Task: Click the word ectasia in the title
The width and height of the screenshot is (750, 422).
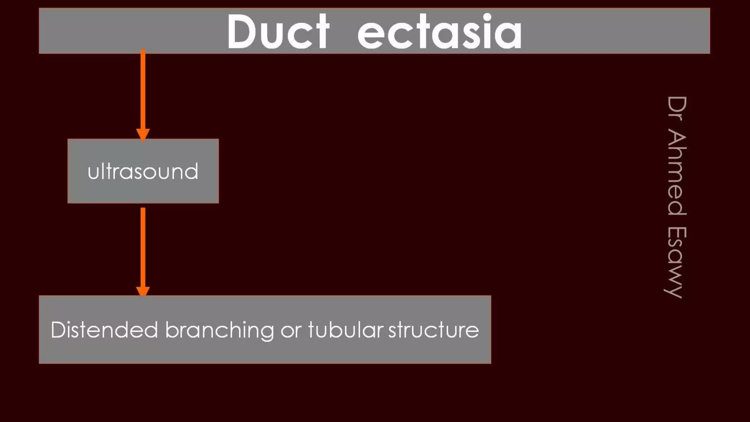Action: [439, 32]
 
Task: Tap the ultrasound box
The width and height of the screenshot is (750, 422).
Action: [143, 171]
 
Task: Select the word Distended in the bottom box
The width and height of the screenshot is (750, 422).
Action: [104, 330]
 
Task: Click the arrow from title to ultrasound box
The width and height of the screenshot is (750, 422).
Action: [143, 92]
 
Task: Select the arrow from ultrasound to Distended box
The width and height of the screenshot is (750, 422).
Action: [143, 249]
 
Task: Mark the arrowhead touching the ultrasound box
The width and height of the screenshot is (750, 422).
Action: [143, 134]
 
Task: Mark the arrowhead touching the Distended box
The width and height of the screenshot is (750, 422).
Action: [143, 291]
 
